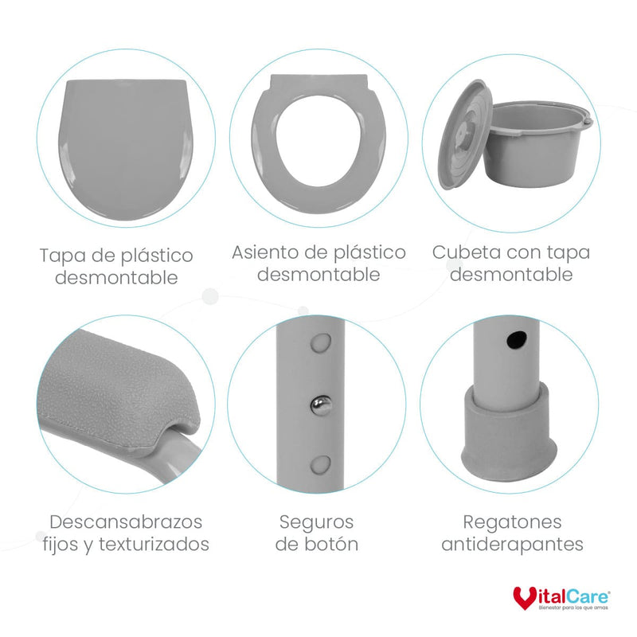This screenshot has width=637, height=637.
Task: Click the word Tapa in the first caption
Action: [x=61, y=256]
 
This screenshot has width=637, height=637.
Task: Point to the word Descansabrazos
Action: [x=125, y=522]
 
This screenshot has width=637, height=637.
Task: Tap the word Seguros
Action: [x=316, y=522]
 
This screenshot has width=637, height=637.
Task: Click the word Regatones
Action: [x=512, y=522]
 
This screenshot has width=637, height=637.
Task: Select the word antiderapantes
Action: [x=512, y=545]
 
